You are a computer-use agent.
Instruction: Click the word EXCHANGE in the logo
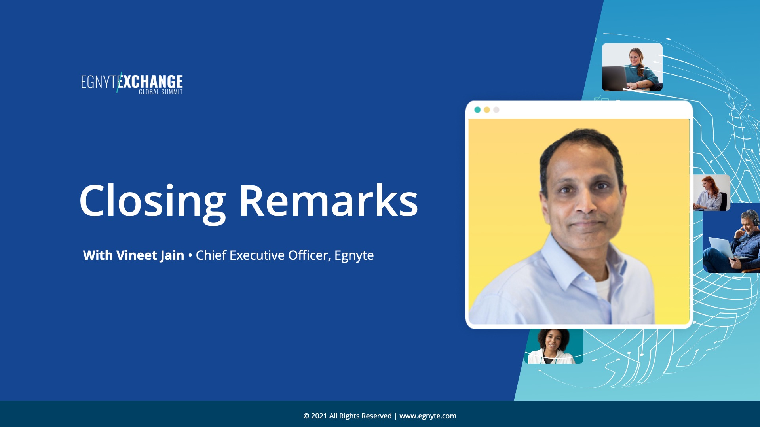click(151, 81)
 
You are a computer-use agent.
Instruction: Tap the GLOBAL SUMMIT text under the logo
click(161, 92)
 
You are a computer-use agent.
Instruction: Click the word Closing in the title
click(153, 202)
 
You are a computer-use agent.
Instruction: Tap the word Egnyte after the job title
click(354, 256)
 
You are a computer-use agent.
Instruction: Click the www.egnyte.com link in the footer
click(427, 416)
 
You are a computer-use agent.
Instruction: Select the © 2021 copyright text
click(347, 416)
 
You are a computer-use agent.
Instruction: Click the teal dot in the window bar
click(477, 110)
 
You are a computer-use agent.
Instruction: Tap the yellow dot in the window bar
click(487, 110)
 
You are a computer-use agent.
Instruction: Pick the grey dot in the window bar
click(496, 110)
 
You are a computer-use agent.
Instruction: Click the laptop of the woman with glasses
click(615, 77)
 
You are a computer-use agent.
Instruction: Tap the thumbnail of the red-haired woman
click(711, 193)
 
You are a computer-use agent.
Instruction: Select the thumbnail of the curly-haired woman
click(554, 346)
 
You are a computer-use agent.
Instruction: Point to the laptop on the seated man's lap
click(721, 248)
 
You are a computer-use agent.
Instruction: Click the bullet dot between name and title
click(190, 256)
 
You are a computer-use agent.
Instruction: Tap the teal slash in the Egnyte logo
click(119, 82)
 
